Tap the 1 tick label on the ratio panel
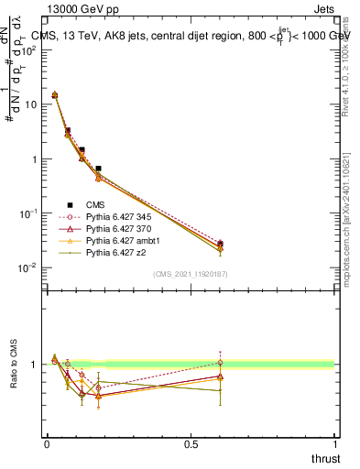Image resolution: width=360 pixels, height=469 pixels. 33,365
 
